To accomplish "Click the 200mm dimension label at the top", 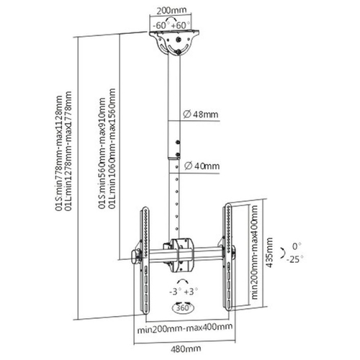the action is click(171, 10).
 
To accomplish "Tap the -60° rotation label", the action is click(161, 25).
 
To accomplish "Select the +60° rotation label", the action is click(180, 25).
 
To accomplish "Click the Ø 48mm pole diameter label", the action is click(201, 114).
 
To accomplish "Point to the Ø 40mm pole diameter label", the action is click(202, 166).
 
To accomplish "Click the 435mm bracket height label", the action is click(269, 253).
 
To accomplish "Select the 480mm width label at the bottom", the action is click(186, 348).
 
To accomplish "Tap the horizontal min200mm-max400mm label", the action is click(185, 328).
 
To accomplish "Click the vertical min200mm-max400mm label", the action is click(254, 252).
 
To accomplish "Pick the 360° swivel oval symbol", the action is click(184, 308).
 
